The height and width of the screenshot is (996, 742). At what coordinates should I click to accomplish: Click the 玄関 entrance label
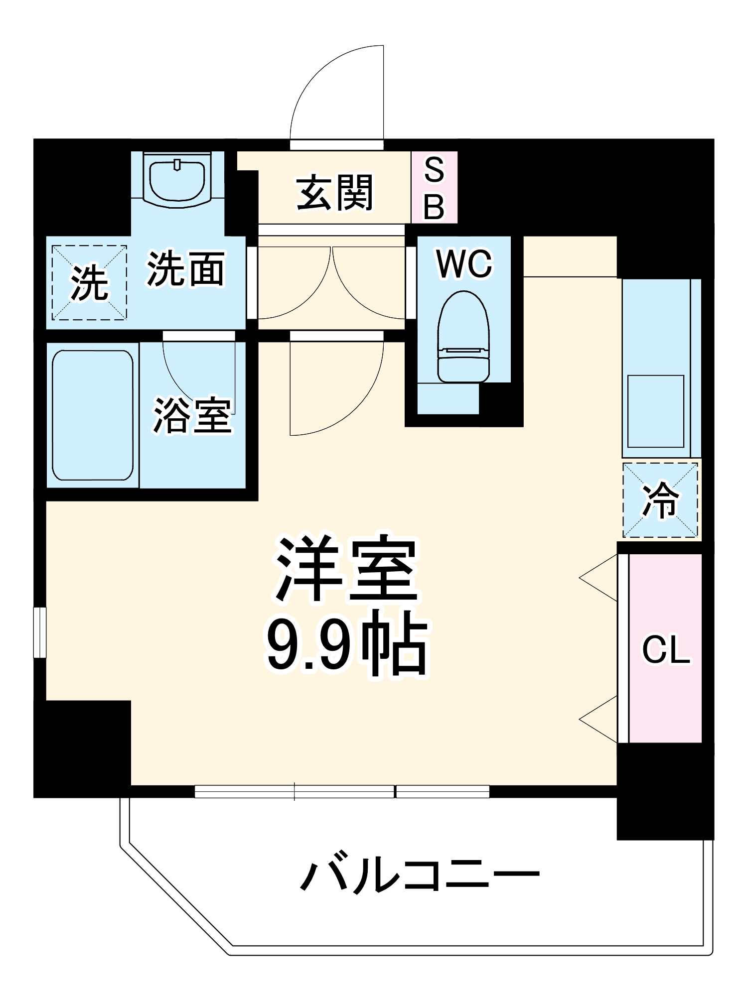click(x=334, y=193)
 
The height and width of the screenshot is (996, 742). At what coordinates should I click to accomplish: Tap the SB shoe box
click(x=434, y=188)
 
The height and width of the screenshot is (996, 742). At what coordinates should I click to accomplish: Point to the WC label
click(x=464, y=263)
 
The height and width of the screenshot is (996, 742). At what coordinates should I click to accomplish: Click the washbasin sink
click(x=177, y=180)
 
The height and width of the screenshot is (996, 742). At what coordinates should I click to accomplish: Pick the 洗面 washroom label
click(x=185, y=269)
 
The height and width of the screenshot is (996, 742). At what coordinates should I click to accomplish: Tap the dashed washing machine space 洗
click(x=89, y=282)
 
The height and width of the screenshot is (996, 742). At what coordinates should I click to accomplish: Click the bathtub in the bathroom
click(x=93, y=415)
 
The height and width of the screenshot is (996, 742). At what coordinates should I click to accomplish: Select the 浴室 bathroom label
click(x=192, y=415)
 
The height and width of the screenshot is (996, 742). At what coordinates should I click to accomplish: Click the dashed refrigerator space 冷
click(x=660, y=500)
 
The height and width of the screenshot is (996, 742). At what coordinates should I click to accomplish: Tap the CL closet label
click(x=666, y=649)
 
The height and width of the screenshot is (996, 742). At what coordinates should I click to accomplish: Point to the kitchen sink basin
click(x=655, y=411)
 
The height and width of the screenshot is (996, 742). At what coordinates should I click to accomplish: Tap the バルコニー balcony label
click(x=420, y=873)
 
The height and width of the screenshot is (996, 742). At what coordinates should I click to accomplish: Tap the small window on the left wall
click(x=40, y=632)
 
